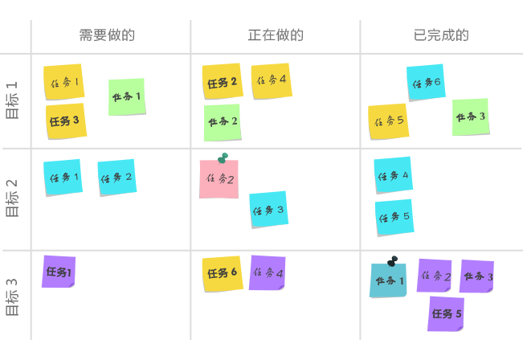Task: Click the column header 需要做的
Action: click(107, 35)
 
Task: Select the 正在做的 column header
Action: click(276, 35)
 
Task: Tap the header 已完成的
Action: click(441, 35)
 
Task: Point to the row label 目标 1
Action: click(13, 100)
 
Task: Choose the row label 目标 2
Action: click(13, 198)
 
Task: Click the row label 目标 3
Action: click(13, 297)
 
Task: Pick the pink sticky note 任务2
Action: click(219, 180)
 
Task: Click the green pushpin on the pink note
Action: click(223, 157)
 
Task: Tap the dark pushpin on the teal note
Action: click(392, 260)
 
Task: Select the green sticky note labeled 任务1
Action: click(127, 96)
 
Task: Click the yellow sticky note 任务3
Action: click(65, 121)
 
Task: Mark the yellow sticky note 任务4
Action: click(271, 80)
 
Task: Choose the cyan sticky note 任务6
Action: click(426, 83)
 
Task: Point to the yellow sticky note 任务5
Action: click(389, 121)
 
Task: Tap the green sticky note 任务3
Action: click(471, 117)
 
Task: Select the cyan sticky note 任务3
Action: click(268, 210)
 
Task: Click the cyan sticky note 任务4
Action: click(393, 174)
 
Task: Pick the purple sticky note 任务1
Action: click(59, 272)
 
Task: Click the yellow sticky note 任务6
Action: click(222, 273)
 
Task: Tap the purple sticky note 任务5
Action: click(446, 313)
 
